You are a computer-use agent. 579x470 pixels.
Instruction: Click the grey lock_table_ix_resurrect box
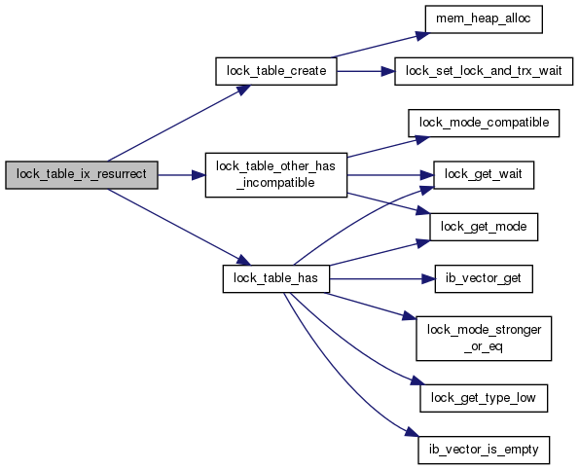coord(82,175)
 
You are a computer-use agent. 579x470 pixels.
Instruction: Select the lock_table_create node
coord(276,71)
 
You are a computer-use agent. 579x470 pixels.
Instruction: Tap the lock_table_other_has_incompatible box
coord(276,175)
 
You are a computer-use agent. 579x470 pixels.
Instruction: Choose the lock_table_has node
coord(275,278)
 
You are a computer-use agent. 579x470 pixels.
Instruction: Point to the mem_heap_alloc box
coord(484,19)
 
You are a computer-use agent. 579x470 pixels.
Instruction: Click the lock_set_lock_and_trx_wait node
coord(484,71)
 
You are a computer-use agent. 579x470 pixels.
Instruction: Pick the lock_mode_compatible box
coord(484,123)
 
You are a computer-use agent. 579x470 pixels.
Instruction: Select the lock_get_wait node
coord(484,175)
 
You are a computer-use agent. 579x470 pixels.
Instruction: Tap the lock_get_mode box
coord(484,227)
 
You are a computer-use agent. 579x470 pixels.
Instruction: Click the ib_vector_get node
coord(484,278)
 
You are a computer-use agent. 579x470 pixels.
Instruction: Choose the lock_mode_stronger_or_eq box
coord(484,339)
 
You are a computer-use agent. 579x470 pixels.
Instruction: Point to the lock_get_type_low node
coord(484,398)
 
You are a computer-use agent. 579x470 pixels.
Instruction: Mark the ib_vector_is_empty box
coord(484,451)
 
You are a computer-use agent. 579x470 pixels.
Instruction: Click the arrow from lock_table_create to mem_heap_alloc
coord(381,46)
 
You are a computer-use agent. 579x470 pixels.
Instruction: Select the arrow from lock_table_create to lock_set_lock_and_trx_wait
coord(366,71)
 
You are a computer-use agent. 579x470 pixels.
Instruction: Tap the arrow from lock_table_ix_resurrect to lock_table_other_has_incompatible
coord(182,175)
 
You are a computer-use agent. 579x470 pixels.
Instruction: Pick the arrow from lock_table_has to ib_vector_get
coord(382,278)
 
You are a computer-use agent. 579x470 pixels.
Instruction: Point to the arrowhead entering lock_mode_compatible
coord(423,139)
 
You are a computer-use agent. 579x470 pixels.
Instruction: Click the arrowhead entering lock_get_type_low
coord(417,381)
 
